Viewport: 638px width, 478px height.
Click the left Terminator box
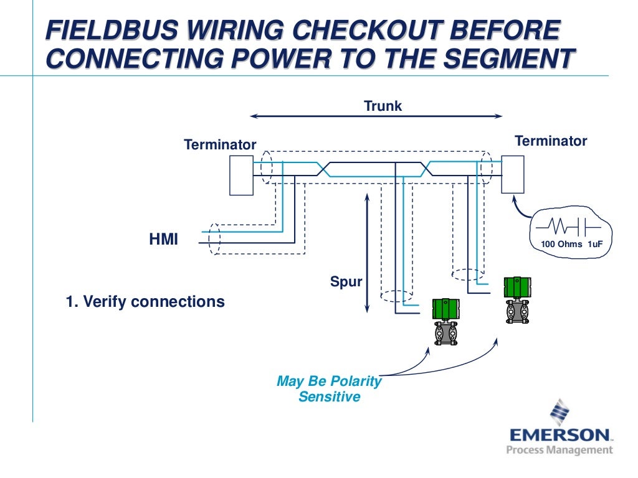tap(241, 175)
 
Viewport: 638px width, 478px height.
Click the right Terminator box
tap(513, 174)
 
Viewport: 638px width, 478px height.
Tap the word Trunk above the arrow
tap(383, 106)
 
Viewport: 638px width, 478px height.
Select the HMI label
tap(163, 239)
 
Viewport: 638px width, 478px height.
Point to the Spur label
tap(346, 282)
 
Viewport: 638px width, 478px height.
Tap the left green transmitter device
tap(446, 321)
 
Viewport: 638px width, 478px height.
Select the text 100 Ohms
tap(561, 244)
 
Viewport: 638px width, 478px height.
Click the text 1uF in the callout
tap(595, 244)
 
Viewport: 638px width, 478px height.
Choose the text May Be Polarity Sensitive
tap(329, 389)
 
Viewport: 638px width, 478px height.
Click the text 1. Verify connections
tap(145, 302)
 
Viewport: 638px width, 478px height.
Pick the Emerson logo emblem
tap(559, 412)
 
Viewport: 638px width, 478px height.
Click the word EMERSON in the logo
tap(559, 434)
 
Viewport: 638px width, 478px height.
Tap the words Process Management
tap(559, 450)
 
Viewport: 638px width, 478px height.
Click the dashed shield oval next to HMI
tap(214, 238)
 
